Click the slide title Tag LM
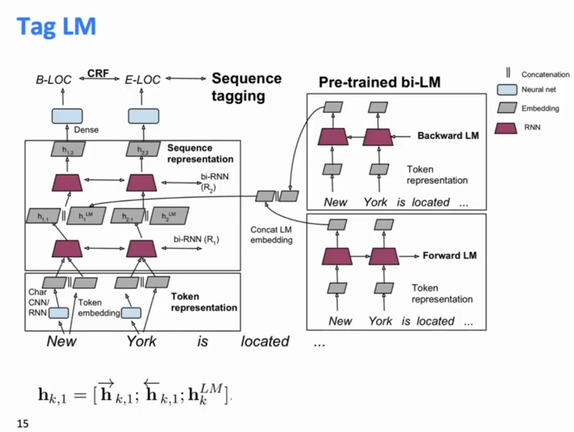[x=57, y=27]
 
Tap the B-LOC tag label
[x=54, y=80]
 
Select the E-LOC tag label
[x=142, y=80]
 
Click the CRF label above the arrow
[x=98, y=73]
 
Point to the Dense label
[x=86, y=130]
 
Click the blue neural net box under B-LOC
[x=67, y=116]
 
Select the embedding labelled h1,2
[x=68, y=149]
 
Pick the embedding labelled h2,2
[x=143, y=149]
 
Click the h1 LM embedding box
[x=86, y=216]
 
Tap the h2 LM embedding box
[x=170, y=216]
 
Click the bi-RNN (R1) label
[x=196, y=239]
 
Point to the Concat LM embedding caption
[x=271, y=235]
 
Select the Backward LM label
[x=448, y=136]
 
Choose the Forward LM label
[x=449, y=255]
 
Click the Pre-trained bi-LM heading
[x=379, y=82]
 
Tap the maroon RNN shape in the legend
[x=506, y=128]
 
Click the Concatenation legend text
[x=545, y=75]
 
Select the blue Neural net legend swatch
[x=507, y=90]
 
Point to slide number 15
[x=23, y=423]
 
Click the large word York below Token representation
[x=141, y=341]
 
